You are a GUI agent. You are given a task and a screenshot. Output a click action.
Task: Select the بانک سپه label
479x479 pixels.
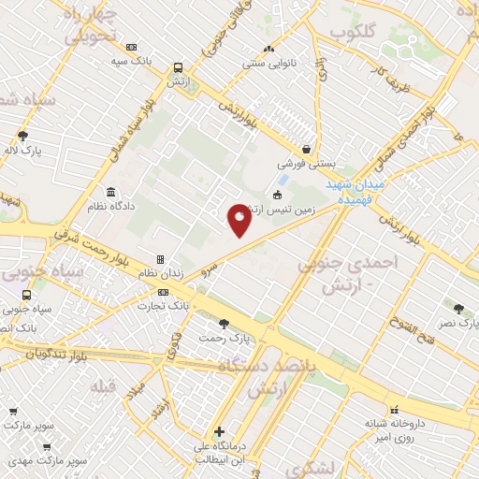point(130,61)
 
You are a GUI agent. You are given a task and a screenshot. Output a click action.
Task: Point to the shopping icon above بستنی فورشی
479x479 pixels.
point(307,149)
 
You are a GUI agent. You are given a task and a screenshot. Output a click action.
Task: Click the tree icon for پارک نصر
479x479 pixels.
point(458,309)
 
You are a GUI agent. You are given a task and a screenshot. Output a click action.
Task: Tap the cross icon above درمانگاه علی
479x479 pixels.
point(219,432)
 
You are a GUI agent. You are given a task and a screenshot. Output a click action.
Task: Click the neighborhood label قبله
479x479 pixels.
point(101,385)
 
